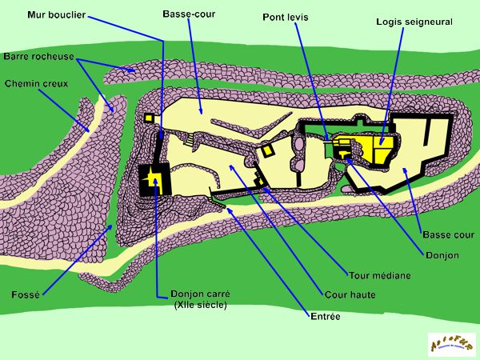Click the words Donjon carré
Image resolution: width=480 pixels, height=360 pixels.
point(199,293)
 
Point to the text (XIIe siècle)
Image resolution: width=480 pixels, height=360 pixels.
point(200,305)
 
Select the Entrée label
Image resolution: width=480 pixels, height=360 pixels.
point(325,318)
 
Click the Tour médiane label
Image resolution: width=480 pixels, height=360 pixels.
point(380,275)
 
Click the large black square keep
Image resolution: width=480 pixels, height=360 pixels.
point(152,182)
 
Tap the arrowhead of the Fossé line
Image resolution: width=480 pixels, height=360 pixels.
point(112,226)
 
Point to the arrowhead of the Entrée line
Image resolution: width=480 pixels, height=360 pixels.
point(227,208)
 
